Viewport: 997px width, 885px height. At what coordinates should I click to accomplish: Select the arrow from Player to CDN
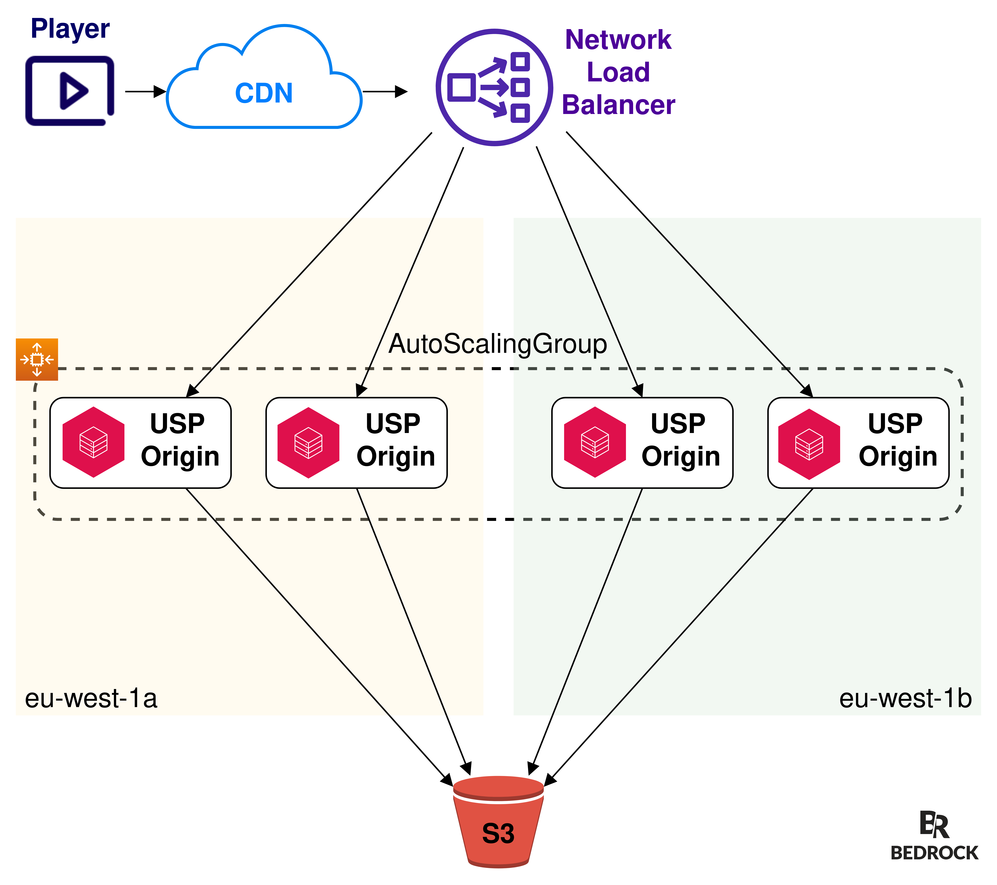click(x=145, y=91)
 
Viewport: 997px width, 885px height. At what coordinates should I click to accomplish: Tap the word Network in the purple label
click(x=618, y=40)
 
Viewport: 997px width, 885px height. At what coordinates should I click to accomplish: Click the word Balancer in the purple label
click(x=618, y=105)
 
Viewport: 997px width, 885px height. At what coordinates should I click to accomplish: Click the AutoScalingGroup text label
click(x=498, y=344)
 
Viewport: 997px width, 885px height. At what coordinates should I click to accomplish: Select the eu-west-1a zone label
click(x=91, y=698)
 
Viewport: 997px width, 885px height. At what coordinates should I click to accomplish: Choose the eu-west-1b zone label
click(x=905, y=698)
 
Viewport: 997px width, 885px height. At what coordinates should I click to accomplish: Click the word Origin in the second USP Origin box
click(x=396, y=456)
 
